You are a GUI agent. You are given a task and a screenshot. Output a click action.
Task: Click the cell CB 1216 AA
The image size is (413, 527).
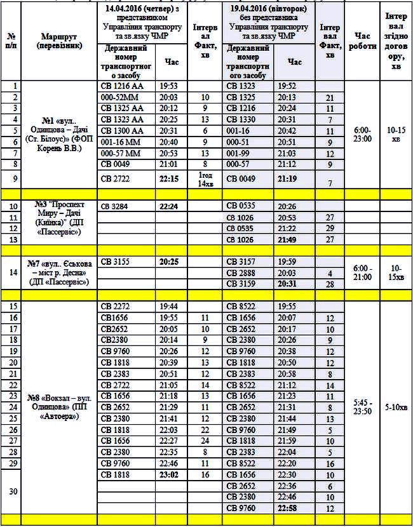[121, 86]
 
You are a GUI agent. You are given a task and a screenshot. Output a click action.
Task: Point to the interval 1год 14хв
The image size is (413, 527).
[205, 179]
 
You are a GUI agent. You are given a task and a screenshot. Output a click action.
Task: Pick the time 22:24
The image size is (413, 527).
[169, 206]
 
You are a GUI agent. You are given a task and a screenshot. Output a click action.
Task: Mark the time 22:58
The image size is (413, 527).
[294, 508]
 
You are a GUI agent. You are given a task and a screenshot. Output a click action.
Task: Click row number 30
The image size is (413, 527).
[11, 491]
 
